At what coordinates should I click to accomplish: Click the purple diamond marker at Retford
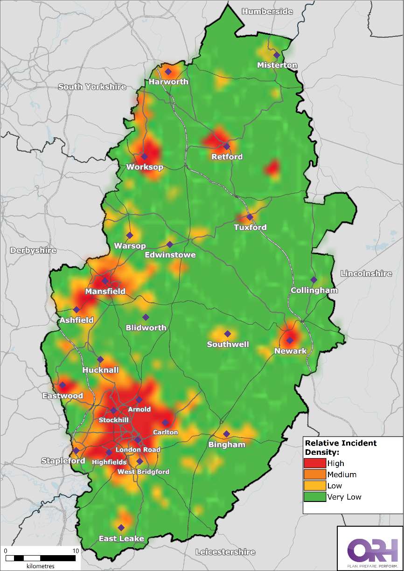tap(227, 146)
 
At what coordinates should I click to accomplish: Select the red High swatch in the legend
tap(315, 463)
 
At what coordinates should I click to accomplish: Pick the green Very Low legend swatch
tap(315, 497)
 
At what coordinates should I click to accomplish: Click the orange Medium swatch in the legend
tap(315, 474)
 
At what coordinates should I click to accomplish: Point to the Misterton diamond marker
tap(277, 55)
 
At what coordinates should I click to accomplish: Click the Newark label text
tap(290, 351)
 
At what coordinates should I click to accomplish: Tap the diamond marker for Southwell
tap(228, 334)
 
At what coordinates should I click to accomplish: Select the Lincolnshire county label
tap(366, 273)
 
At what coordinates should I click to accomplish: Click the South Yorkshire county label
tap(92, 87)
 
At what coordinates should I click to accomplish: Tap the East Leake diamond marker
tap(121, 528)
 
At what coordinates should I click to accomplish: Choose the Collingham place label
tap(314, 290)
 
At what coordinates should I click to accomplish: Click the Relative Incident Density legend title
tap(340, 447)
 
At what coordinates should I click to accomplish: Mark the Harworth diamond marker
tap(168, 71)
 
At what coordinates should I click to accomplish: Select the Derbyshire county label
tap(33, 250)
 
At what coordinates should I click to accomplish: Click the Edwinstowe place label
tap(170, 255)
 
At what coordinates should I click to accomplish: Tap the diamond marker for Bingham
tap(226, 433)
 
